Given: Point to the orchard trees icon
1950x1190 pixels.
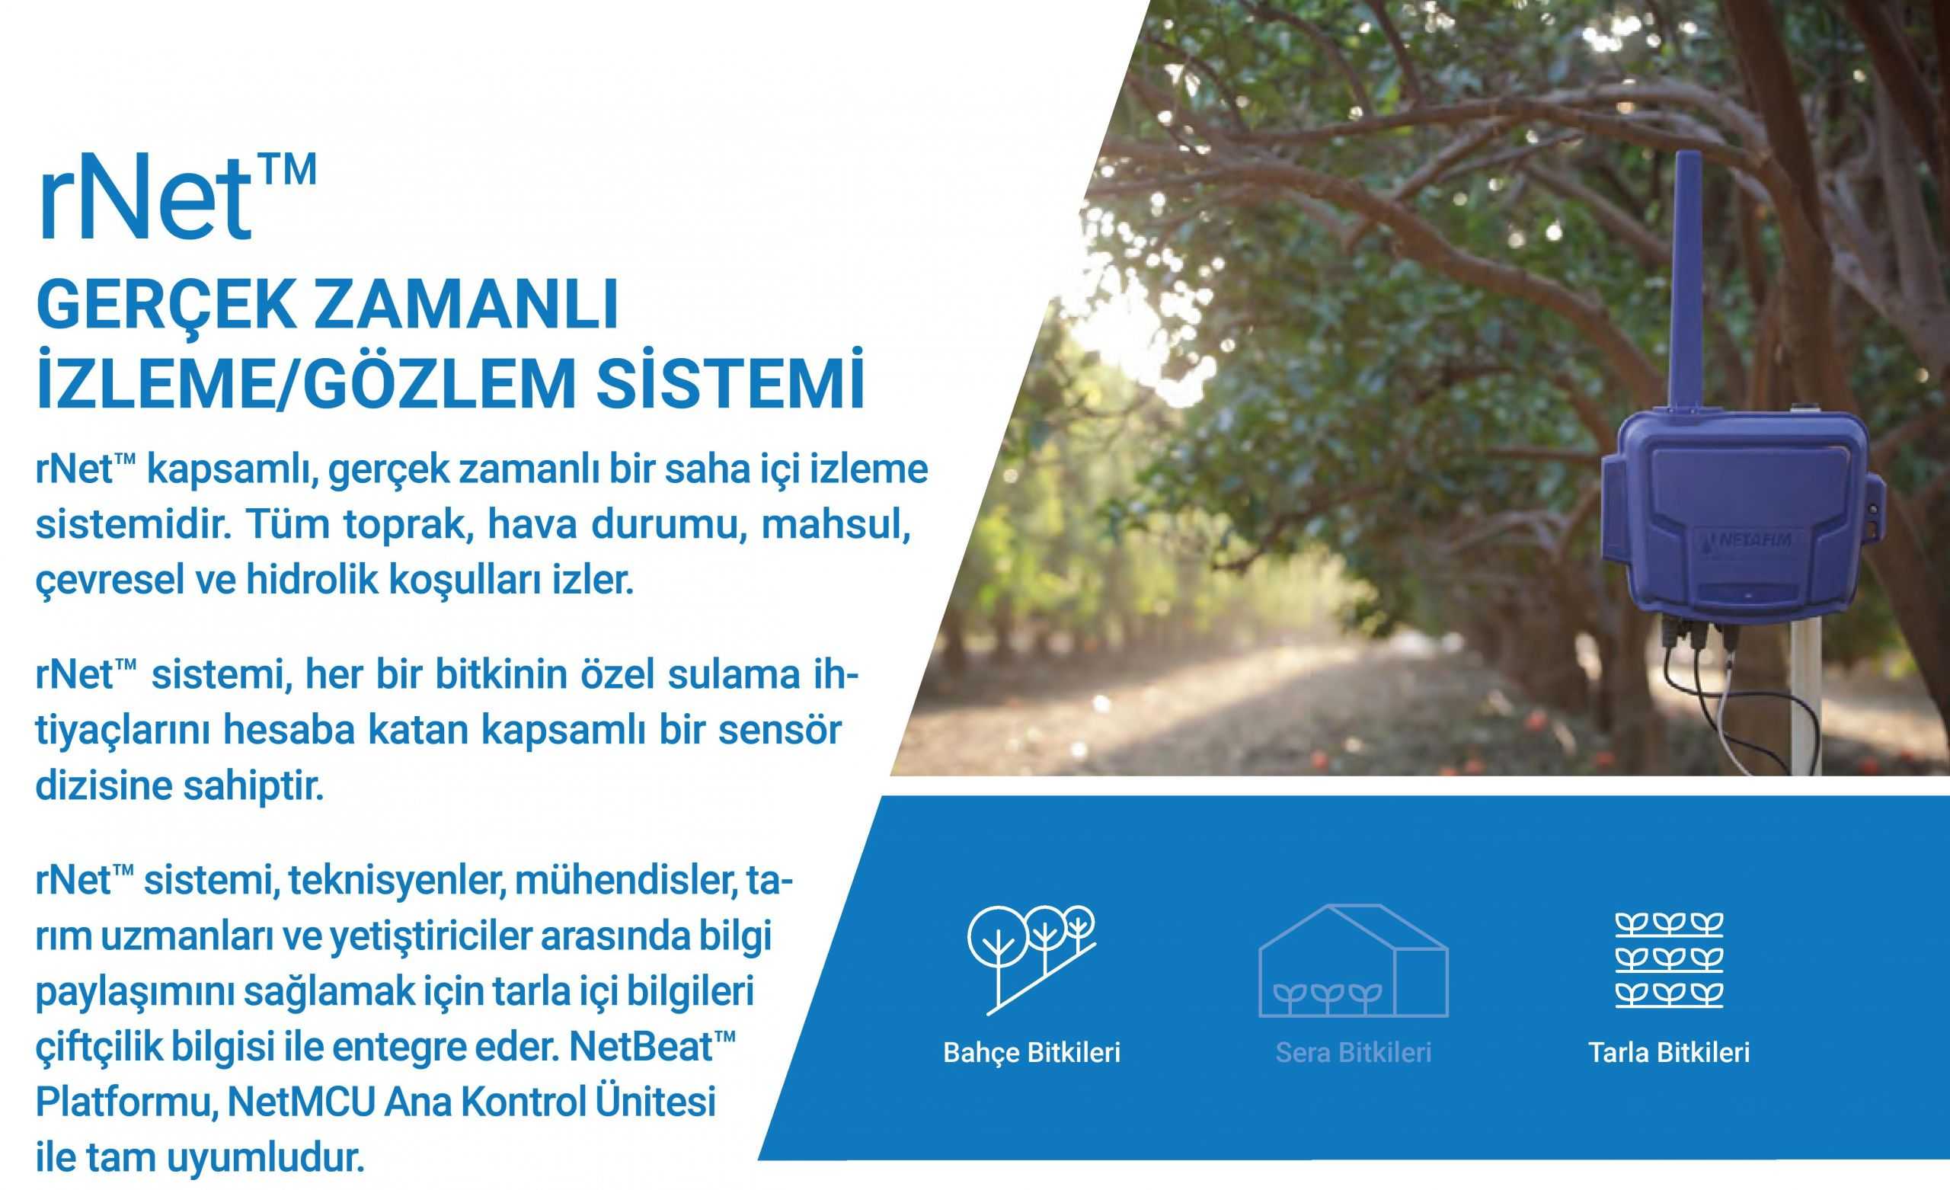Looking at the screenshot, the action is pyautogui.click(x=1031, y=959).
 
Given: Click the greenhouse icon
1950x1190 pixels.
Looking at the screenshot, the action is pyautogui.click(x=1354, y=961).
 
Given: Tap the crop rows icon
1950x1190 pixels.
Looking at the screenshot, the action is pyautogui.click(x=1669, y=961).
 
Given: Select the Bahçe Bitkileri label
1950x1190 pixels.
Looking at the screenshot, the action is pyautogui.click(x=1031, y=1053).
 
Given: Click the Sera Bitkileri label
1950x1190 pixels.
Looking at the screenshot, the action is pyautogui.click(x=1354, y=1052).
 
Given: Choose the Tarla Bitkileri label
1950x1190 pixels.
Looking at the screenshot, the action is pyautogui.click(x=1669, y=1052).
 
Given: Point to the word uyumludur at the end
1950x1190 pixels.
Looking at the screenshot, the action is pyautogui.click(x=266, y=1159).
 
